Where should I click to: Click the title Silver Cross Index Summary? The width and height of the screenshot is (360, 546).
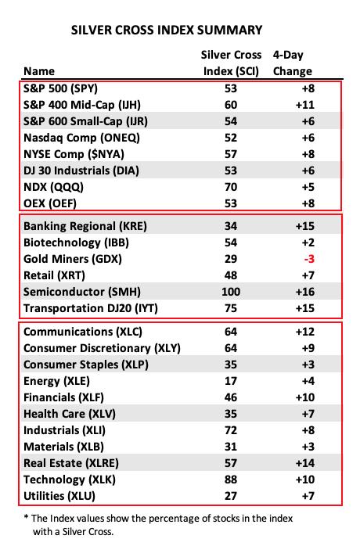coord(167,30)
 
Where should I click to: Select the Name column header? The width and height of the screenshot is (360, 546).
coord(39,71)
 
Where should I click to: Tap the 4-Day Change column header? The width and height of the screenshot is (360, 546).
coord(292,63)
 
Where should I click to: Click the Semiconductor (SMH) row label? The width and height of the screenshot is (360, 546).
coord(82,292)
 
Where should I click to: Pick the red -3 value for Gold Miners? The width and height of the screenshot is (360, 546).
coord(309,259)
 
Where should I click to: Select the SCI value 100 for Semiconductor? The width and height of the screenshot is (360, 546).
coord(231,292)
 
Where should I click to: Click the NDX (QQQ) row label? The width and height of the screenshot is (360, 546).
coord(53,187)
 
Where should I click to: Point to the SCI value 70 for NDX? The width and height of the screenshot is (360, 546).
coord(231,187)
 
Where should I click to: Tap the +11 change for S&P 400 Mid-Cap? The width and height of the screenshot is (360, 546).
coord(305,105)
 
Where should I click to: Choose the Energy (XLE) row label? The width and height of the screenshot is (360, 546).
coord(56,381)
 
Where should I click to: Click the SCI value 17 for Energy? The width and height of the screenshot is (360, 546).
coord(231,381)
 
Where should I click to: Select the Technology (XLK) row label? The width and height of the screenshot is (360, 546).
coord(70,480)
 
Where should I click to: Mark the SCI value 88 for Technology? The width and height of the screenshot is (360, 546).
coord(231,480)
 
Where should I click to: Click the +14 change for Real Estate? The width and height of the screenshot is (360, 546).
coord(305,463)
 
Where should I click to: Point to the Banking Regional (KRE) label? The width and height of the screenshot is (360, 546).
coord(85,226)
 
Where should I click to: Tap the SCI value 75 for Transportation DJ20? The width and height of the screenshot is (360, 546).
coord(231,308)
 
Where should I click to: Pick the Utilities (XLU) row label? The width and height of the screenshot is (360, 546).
coord(59,496)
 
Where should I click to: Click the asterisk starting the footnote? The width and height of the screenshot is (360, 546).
coord(26,517)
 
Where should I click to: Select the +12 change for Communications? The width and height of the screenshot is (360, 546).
coord(305,332)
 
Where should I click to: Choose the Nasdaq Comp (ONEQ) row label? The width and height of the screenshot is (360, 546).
coord(81,138)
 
